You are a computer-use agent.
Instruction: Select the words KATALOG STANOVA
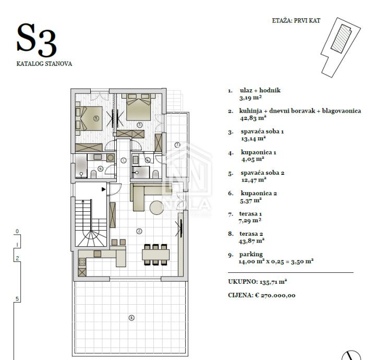tap(44, 64)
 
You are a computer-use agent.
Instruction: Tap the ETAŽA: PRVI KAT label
tap(296, 20)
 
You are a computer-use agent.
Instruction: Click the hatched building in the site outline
tap(341, 38)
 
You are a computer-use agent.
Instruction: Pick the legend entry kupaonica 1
tap(258, 152)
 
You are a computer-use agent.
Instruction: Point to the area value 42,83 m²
tap(253, 118)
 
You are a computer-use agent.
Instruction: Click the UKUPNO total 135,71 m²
tap(257, 282)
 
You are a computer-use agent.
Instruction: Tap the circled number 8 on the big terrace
tap(131, 318)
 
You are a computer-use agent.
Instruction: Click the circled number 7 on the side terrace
tap(177, 145)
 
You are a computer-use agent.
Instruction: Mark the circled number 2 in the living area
tap(139, 231)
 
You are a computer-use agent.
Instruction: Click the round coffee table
tap(156, 208)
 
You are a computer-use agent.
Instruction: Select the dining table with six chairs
tap(155, 255)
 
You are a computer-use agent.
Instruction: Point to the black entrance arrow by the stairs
tap(103, 189)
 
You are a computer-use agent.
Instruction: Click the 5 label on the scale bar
tap(17, 298)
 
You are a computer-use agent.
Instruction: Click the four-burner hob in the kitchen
tap(82, 262)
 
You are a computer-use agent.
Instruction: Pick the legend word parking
tap(251, 255)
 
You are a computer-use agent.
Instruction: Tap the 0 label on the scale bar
tap(17, 231)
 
